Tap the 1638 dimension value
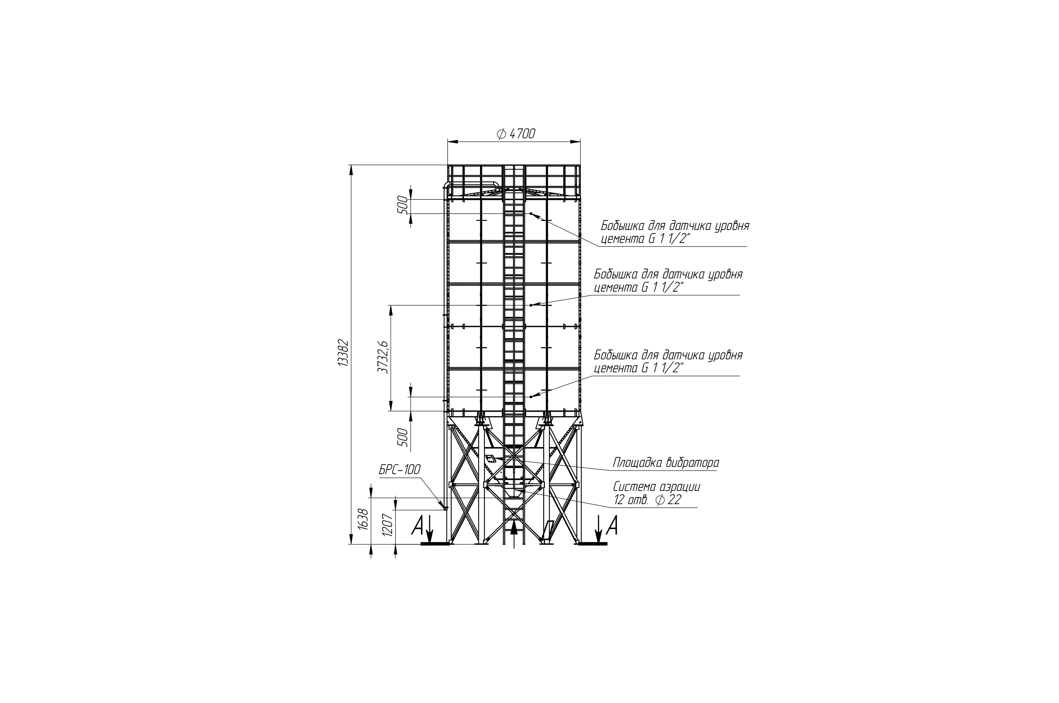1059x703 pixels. tap(364, 519)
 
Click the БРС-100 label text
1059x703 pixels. tap(399, 470)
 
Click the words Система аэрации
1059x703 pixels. tap(656, 486)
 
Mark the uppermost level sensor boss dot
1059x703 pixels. tap(531, 213)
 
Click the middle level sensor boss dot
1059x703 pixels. tap(531, 305)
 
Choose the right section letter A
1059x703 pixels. tap(611, 525)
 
